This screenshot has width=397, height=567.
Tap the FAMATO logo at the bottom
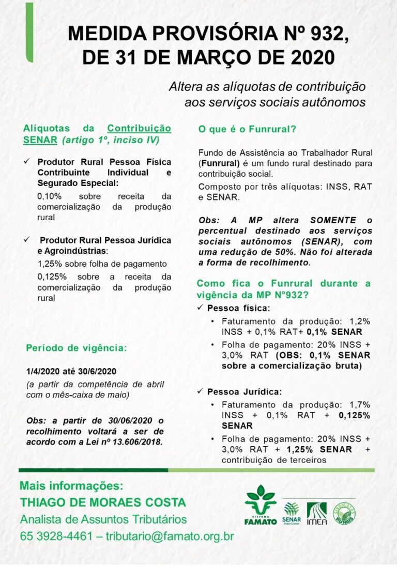pyautogui.click(x=261, y=504)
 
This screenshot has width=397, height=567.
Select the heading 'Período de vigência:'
pyautogui.click(x=75, y=348)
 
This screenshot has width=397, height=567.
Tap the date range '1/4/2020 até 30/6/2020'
pyautogui.click(x=71, y=371)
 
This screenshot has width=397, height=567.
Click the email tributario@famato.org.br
pyautogui.click(x=170, y=535)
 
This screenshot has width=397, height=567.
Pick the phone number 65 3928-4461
pyautogui.click(x=54, y=535)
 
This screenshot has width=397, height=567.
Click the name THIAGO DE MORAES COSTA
pyautogui.click(x=102, y=502)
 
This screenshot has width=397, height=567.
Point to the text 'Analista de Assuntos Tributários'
pyautogui.click(x=103, y=519)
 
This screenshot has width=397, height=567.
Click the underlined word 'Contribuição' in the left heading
pyautogui.click(x=139, y=128)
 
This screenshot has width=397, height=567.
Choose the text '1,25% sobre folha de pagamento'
pyautogui.click(x=102, y=264)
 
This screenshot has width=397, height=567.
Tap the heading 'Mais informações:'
pyautogui.click(x=71, y=486)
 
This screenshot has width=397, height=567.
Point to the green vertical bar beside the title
pyautogui.click(x=29, y=32)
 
